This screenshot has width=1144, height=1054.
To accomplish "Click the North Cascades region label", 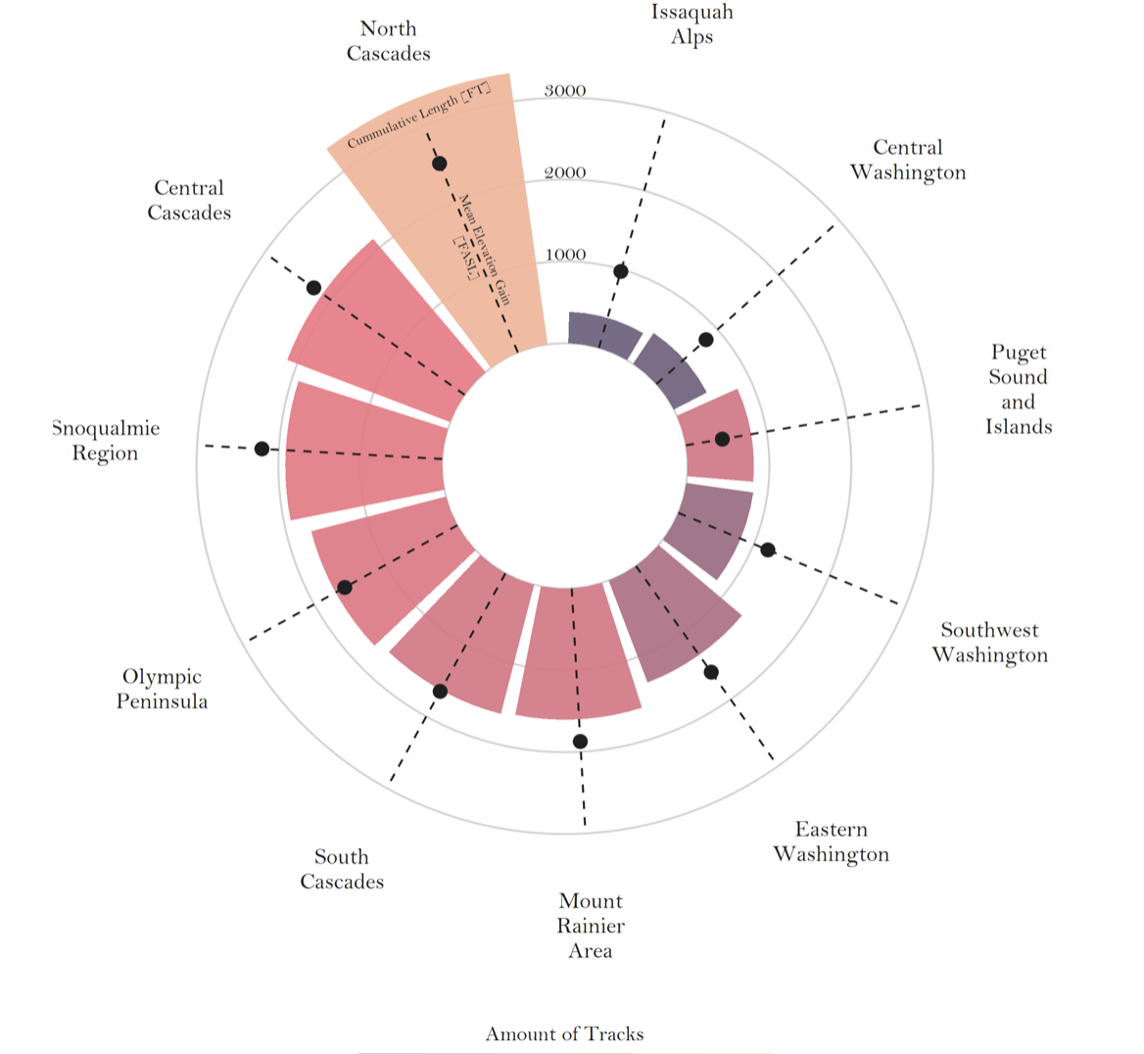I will pyautogui.click(x=388, y=41).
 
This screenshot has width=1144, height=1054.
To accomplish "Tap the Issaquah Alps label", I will pyautogui.click(x=691, y=24).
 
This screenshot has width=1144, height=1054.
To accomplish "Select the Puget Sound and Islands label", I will pyautogui.click(x=1019, y=389).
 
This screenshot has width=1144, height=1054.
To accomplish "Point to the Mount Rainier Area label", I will pyautogui.click(x=591, y=926).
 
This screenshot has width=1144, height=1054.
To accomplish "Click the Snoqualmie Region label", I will pyautogui.click(x=106, y=441).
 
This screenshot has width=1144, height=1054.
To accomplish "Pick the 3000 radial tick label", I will pyautogui.click(x=565, y=91).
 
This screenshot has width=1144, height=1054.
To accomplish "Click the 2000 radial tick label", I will pyautogui.click(x=565, y=173).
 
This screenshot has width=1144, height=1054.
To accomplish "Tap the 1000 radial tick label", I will pyautogui.click(x=565, y=256).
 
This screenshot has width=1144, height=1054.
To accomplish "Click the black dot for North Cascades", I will pyautogui.click(x=440, y=164).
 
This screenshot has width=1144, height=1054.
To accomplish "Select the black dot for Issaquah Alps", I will pyautogui.click(x=620, y=271).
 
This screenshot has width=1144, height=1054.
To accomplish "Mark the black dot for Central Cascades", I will pyautogui.click(x=313, y=288).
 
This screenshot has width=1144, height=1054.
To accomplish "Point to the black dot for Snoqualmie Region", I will pyautogui.click(x=262, y=449).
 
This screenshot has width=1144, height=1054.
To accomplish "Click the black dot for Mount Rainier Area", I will pyautogui.click(x=580, y=742).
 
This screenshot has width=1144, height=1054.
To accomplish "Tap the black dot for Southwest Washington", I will pyautogui.click(x=768, y=550).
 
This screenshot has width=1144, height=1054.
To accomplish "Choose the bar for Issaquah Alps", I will pyautogui.click(x=602, y=334).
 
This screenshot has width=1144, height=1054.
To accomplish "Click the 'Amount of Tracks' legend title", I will pyautogui.click(x=564, y=1034).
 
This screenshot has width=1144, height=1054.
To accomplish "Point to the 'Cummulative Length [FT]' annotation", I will pyautogui.click(x=418, y=116).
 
